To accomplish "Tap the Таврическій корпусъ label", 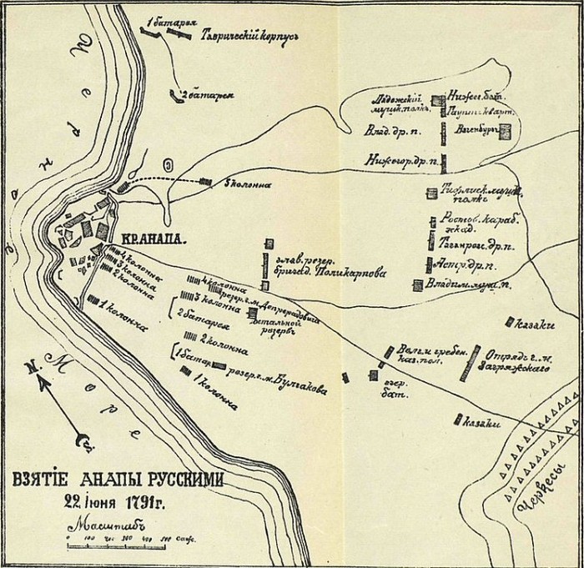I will (x=249, y=38).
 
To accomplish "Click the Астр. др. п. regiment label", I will (x=459, y=264).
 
